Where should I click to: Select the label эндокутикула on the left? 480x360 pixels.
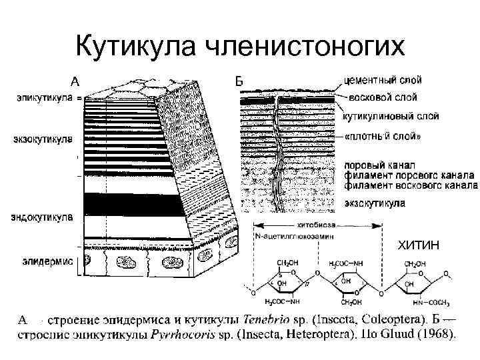tap(42, 217)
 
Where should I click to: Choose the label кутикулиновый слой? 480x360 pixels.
tap(390, 116)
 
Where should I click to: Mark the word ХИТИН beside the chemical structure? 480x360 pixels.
tap(418, 247)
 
